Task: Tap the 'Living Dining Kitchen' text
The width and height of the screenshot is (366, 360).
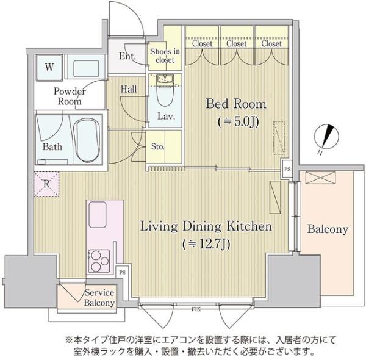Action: point(206,228)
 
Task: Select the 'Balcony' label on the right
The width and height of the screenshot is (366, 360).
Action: point(327,229)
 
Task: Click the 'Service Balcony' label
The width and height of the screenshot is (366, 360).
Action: point(99,298)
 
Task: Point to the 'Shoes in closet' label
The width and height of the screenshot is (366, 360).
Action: point(165,56)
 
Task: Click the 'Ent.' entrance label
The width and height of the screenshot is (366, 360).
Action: point(127,57)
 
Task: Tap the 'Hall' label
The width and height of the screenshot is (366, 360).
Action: point(128,89)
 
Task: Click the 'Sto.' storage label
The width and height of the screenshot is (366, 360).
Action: point(158,146)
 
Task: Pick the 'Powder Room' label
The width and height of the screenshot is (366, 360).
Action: point(70,96)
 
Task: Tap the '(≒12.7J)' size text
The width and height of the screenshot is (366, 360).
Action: point(206,245)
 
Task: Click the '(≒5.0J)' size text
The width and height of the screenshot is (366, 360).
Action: point(238,121)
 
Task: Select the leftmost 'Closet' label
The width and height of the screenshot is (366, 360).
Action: point(201,44)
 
